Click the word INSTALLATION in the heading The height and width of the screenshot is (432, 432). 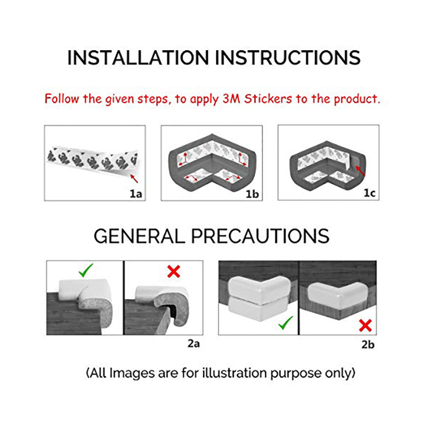pos(138,58)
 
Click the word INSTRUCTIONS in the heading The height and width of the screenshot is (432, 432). pos(288,58)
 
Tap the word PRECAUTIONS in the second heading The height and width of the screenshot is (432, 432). pos(260,236)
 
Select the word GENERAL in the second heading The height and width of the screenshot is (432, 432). pos(139,236)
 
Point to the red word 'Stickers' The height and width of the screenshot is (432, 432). pos(268,99)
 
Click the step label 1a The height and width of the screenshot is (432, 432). pos(136,194)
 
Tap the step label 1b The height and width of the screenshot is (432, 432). pos(252,194)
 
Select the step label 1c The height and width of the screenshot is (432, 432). pos(369,193)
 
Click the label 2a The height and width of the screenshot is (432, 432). pos(193,343)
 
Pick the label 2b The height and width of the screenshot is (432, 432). pos(368,345)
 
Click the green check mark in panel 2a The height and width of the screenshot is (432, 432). pos(86,271)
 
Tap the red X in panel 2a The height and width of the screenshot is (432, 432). pos(173,272)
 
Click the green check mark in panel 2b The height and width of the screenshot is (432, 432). pos(286,322)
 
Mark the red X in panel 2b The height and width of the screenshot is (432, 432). pos(366,326)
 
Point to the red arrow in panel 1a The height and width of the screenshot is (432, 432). pos(134,179)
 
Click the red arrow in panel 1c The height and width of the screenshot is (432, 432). pos(360,171)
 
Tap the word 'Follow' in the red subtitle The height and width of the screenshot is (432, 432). pos(62,99)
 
